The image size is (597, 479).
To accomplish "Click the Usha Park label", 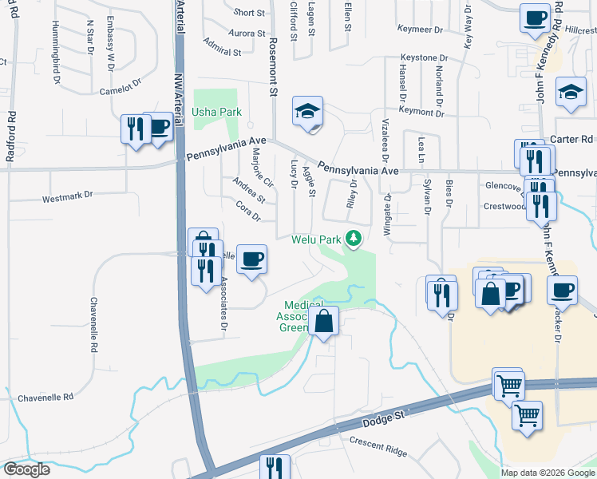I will pos(216,113).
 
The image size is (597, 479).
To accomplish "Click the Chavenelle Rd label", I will pos(45,397).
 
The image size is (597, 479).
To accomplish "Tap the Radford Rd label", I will pos(11,137).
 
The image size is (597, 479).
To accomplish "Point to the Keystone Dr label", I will pos(424,58).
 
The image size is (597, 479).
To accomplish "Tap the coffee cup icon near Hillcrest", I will pos(535,17).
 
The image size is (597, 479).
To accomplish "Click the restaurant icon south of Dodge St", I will pos(274,466).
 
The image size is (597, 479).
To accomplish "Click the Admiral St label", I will pos(222,47).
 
